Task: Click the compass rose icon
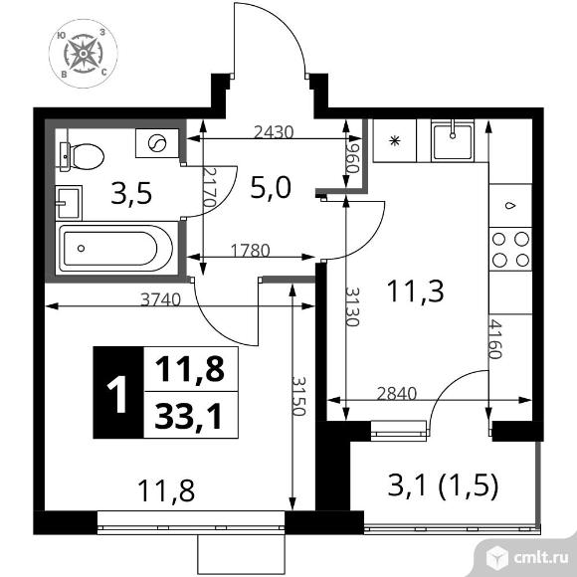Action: coord(84,54)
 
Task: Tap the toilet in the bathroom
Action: coord(82,157)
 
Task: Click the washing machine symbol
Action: coord(157,143)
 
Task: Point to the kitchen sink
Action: coord(453,141)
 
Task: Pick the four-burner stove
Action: coord(510,250)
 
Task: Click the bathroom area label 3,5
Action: coord(131,194)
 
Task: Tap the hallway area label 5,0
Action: coord(271,188)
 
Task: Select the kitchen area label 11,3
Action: coord(416,290)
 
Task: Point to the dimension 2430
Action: coord(274,132)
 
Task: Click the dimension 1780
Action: coord(251,251)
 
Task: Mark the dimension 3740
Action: coord(161,299)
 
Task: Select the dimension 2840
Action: coord(397,393)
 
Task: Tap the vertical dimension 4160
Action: coord(495,339)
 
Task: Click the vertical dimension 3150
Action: coord(298,396)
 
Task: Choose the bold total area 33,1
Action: coord(189,416)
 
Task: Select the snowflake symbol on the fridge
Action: coord(395,141)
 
